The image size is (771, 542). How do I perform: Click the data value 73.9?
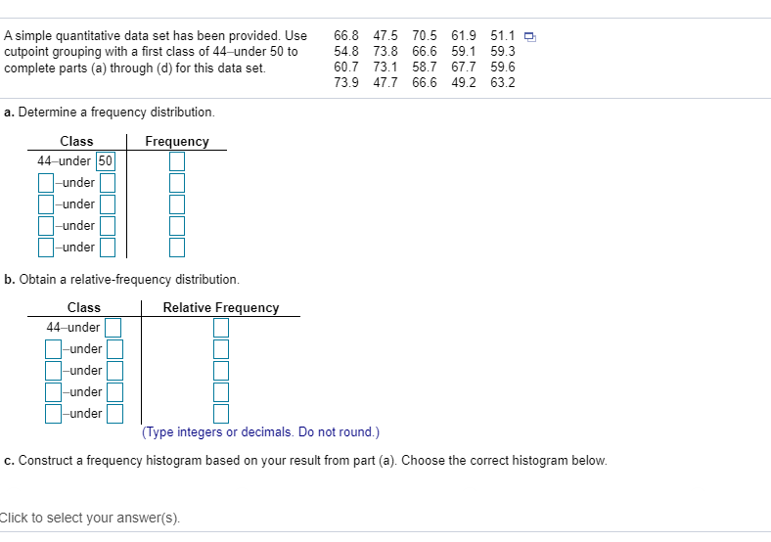[x=346, y=82]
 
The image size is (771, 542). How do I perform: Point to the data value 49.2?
[x=464, y=82]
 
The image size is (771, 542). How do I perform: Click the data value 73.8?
[x=385, y=52]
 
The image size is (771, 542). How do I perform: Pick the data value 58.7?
[x=425, y=68]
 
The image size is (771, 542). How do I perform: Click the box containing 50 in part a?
[x=106, y=161]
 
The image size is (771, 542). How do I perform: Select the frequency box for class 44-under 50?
[x=176, y=161]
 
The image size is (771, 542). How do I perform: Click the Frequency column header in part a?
[x=176, y=142]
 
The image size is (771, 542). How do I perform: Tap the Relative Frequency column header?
[x=221, y=307]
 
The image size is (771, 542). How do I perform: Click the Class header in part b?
[x=84, y=307]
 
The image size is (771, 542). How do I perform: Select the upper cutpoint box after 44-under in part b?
[x=113, y=327]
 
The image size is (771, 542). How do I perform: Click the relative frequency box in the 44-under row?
[x=221, y=327]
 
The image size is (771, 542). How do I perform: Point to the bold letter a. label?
[x=8, y=113]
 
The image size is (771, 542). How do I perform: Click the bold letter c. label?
[x=8, y=460]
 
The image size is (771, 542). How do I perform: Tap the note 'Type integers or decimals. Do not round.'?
[x=260, y=431]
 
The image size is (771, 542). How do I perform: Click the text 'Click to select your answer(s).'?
[x=90, y=519]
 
